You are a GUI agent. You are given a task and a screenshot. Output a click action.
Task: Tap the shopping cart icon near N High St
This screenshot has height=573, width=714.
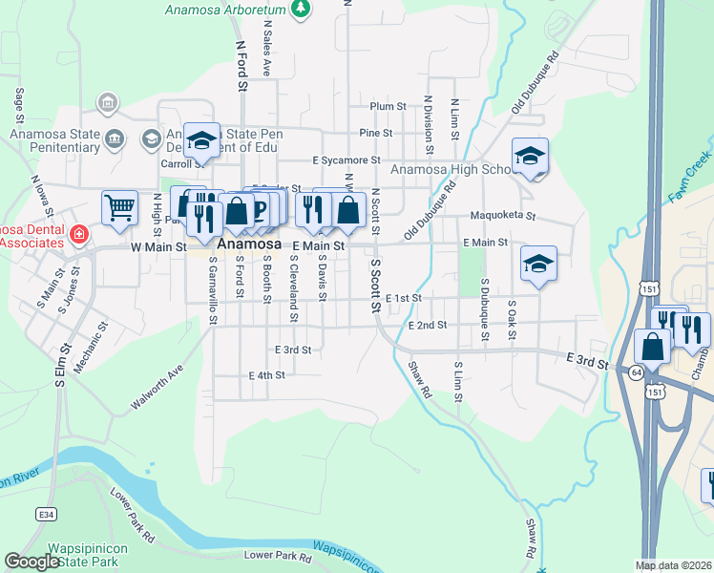119,207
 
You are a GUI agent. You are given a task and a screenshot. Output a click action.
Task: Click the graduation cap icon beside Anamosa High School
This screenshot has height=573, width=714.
530,157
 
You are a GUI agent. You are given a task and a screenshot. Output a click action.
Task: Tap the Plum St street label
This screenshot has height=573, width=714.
388,106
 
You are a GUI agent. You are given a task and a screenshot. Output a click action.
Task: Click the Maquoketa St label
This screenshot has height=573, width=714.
503,217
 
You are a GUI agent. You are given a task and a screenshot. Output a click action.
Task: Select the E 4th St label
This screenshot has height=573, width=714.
266,375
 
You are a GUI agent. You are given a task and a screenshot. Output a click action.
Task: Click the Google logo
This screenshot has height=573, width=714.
31,562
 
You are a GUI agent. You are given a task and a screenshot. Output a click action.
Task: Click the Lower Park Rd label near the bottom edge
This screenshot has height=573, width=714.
278,556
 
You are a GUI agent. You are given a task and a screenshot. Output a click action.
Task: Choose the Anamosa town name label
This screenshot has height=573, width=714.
249,244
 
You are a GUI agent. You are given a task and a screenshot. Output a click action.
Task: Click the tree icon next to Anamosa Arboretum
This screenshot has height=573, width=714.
302,9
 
